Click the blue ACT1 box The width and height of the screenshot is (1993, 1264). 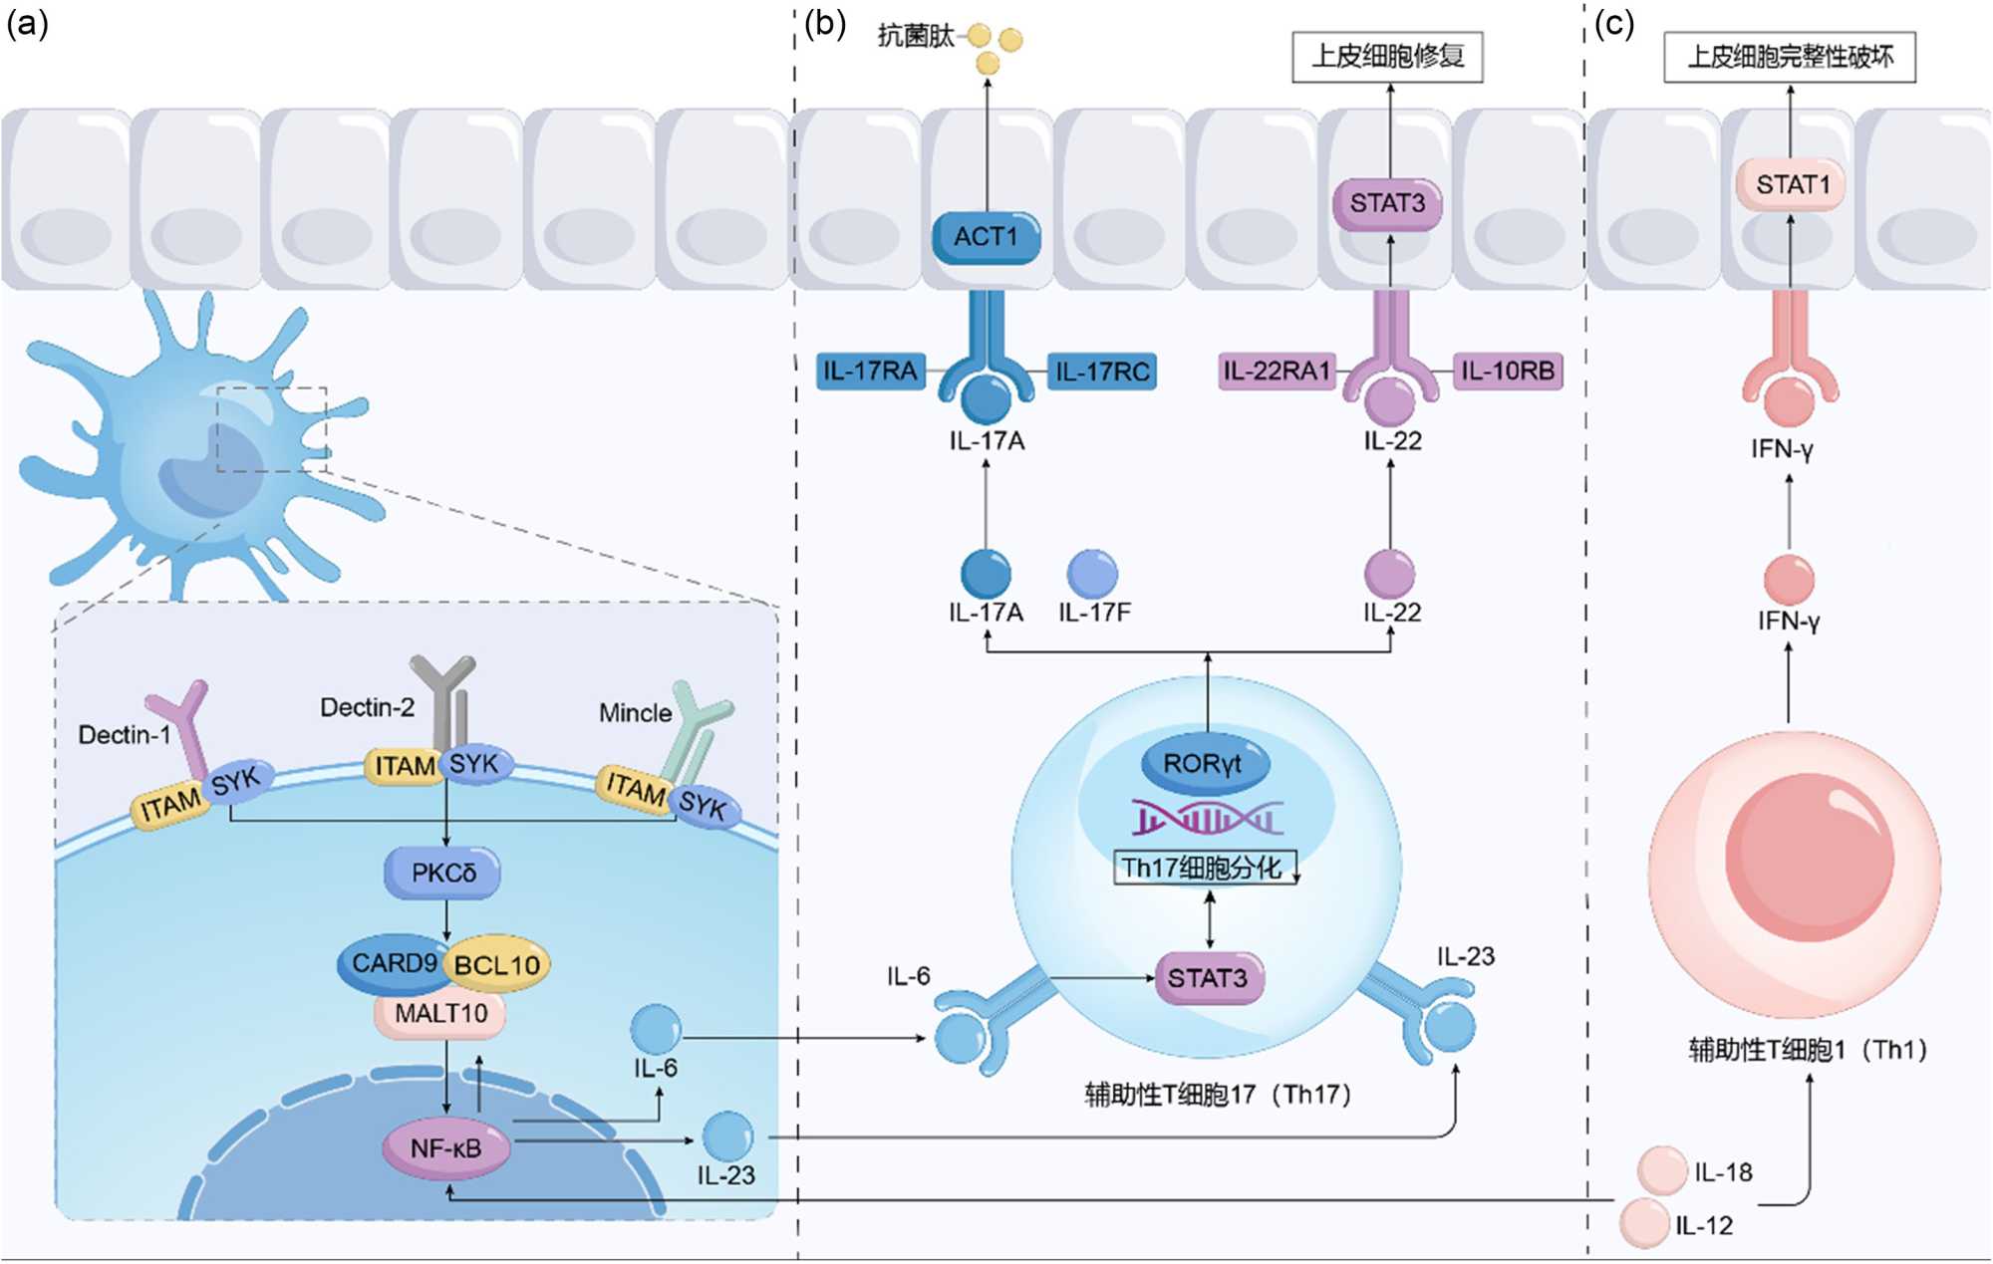[x=986, y=237]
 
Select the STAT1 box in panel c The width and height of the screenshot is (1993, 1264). [x=1791, y=185]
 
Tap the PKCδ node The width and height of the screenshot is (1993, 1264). [x=443, y=874]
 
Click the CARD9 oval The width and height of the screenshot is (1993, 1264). [x=392, y=964]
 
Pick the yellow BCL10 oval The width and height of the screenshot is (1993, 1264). [x=497, y=965]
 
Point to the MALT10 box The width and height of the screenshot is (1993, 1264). [x=440, y=1014]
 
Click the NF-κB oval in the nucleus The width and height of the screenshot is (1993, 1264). [x=446, y=1148]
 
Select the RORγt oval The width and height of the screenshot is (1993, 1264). [x=1203, y=764]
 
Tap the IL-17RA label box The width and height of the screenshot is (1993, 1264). [x=870, y=372]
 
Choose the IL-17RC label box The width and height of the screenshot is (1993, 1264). [x=1102, y=372]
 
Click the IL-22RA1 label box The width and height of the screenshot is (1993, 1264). [x=1277, y=372]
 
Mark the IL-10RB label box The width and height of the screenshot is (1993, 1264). [x=1508, y=372]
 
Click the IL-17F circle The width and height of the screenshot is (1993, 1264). [x=1092, y=574]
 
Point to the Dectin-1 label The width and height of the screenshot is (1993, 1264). [x=125, y=735]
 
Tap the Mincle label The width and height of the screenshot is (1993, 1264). [x=635, y=713]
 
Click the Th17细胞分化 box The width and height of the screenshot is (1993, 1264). [x=1204, y=868]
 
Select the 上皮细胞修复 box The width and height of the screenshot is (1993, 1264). [x=1387, y=57]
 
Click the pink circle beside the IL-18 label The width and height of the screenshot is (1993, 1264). [x=1662, y=1170]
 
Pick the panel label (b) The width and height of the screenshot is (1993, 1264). [x=825, y=23]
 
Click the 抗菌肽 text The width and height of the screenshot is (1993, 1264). [x=915, y=37]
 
